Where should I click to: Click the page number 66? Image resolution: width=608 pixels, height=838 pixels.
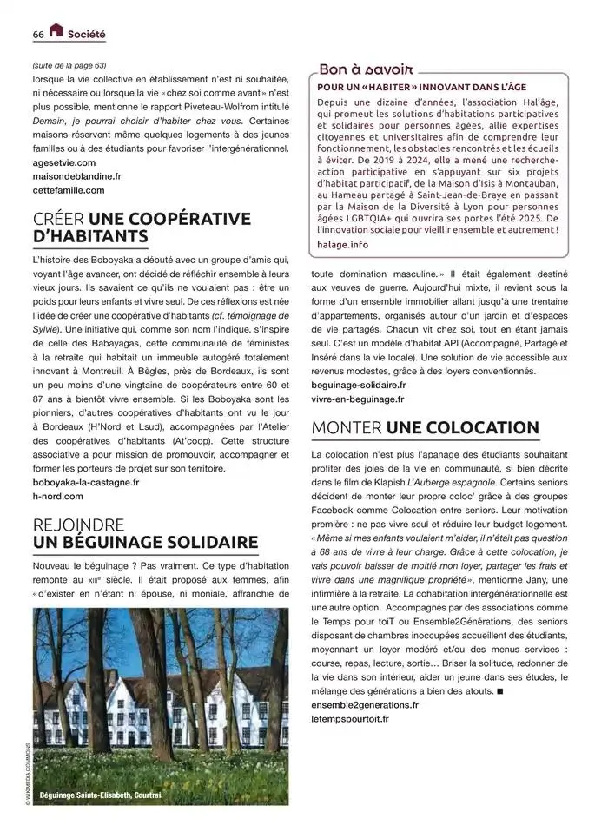pyautogui.click(x=38, y=34)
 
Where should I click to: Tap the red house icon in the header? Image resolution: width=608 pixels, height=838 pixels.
pyautogui.click(x=56, y=31)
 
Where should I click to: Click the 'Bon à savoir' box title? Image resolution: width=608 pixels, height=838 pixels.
pyautogui.click(x=366, y=69)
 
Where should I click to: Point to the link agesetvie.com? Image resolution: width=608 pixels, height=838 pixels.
pyautogui.click(x=64, y=162)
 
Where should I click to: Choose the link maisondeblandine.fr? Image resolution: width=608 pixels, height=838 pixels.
pyautogui.click(x=76, y=176)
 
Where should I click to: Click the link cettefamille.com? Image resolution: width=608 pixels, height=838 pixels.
pyautogui.click(x=68, y=190)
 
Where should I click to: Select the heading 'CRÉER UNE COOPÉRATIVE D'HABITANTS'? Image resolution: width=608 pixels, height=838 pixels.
pyautogui.click(x=141, y=228)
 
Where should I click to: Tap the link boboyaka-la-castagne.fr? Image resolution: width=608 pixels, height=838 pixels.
pyautogui.click(x=85, y=482)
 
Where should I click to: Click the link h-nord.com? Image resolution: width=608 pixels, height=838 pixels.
pyautogui.click(x=57, y=496)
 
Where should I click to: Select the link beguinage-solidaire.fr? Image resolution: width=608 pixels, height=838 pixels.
pyautogui.click(x=358, y=385)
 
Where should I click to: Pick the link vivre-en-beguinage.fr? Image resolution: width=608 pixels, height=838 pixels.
pyautogui.click(x=357, y=399)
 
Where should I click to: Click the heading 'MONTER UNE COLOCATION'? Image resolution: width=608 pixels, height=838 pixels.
pyautogui.click(x=425, y=427)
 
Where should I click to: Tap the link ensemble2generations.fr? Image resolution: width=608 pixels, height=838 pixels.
pyautogui.click(x=365, y=705)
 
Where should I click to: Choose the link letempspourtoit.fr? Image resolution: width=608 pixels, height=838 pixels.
pyautogui.click(x=350, y=719)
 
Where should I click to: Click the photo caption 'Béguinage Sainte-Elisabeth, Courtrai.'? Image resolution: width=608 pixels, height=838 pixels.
pyautogui.click(x=101, y=795)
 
